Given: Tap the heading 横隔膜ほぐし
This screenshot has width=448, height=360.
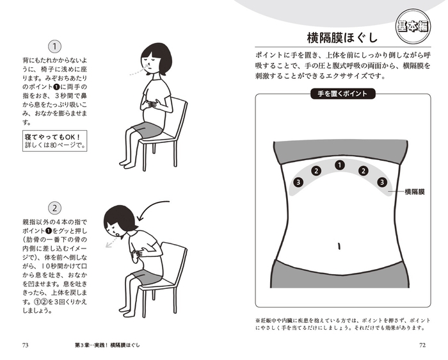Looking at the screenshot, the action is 342,38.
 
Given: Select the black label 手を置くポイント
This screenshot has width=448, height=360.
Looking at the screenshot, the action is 342,94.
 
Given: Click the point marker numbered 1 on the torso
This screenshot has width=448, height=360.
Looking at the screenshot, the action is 339,165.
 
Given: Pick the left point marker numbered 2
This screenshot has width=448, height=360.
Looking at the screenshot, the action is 316,171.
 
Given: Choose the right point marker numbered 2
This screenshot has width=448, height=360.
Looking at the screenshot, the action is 364,171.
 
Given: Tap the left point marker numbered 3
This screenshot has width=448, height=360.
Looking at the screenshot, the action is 298,182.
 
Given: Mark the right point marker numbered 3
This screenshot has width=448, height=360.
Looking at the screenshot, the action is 381,182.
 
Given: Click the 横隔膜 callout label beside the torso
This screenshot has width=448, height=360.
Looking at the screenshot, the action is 415,192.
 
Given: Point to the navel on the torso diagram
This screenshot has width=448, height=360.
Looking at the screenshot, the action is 339,246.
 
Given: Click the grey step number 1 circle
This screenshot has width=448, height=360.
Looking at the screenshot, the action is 54,47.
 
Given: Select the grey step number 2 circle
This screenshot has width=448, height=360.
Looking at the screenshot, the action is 54,208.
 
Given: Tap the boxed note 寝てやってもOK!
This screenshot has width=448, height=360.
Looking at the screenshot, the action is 55,141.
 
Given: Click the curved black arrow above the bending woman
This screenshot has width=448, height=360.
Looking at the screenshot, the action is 147,206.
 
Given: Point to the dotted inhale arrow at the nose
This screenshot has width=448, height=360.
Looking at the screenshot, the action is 138,71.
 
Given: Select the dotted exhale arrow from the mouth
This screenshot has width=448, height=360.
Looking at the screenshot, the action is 112,240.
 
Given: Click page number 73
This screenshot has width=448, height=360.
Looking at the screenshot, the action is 25,345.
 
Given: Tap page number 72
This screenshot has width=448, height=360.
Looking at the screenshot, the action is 422,345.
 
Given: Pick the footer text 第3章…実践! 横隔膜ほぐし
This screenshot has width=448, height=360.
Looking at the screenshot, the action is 108,345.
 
